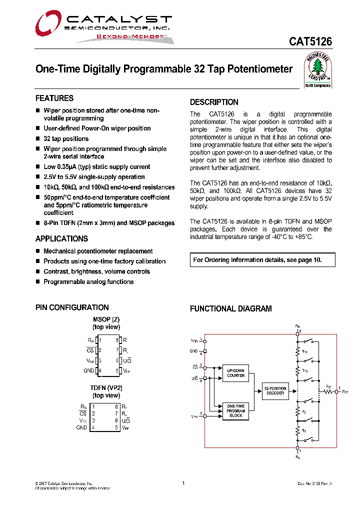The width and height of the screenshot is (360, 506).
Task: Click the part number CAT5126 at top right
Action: [310, 42]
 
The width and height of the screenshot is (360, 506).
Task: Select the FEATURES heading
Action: [54, 98]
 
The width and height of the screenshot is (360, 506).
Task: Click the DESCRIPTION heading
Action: [214, 102]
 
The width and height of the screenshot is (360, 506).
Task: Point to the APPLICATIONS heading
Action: [61, 239]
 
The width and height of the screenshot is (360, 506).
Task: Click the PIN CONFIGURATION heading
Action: [72, 307]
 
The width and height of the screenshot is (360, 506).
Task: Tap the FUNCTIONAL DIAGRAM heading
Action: [230, 309]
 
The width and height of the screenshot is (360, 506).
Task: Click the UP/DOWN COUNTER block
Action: [235, 373]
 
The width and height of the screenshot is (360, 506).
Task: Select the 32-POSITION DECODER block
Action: [275, 390]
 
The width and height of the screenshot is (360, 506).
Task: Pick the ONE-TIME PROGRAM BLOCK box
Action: [235, 410]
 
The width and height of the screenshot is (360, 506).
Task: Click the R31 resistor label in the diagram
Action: [304, 351]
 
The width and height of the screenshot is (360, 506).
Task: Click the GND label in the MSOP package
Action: [88, 370]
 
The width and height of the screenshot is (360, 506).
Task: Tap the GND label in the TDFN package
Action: [81, 428]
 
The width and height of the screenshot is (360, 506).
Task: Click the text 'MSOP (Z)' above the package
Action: [106, 319]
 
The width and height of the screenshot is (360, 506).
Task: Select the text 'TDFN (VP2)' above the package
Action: [106, 387]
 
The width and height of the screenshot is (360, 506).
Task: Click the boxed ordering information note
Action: [262, 260]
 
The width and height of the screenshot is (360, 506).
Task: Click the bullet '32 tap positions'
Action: [66, 139]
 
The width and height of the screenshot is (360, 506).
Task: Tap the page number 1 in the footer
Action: [183, 483]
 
